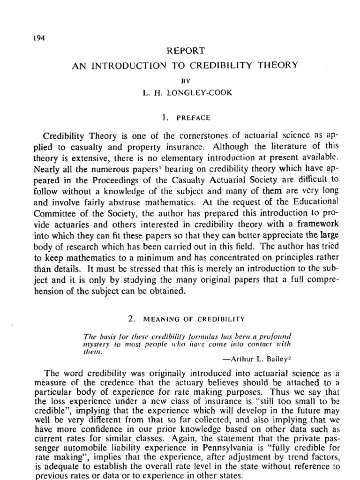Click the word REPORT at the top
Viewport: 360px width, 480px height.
[184, 51]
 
